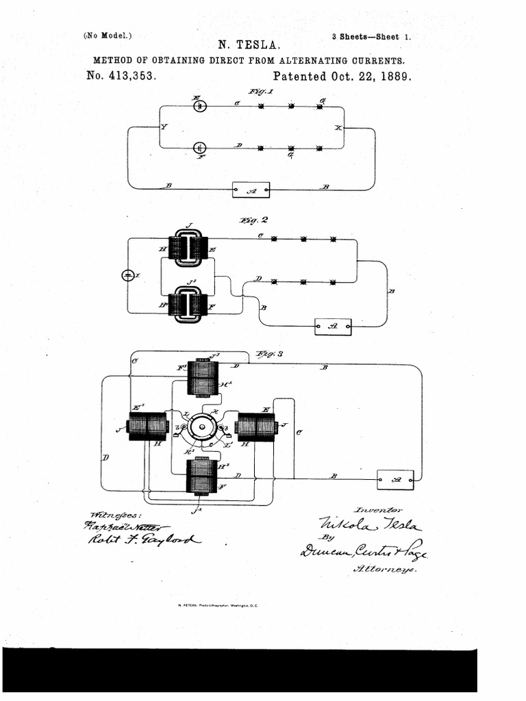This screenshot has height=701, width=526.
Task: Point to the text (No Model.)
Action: click(x=108, y=36)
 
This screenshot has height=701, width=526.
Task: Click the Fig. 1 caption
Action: click(x=262, y=92)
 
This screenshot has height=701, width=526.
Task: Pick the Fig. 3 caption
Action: click(x=269, y=353)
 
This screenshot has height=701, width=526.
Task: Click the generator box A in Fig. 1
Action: click(x=251, y=190)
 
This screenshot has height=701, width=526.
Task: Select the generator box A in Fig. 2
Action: click(x=333, y=327)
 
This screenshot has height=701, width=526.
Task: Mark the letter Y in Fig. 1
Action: click(x=163, y=127)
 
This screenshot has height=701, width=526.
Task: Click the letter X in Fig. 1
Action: click(x=338, y=128)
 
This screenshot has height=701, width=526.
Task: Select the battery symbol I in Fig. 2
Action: click(x=128, y=275)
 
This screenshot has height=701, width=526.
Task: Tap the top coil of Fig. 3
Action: click(x=203, y=377)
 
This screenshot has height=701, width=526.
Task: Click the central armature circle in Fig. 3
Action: click(x=203, y=426)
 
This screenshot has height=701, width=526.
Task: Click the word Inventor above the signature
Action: click(x=379, y=510)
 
